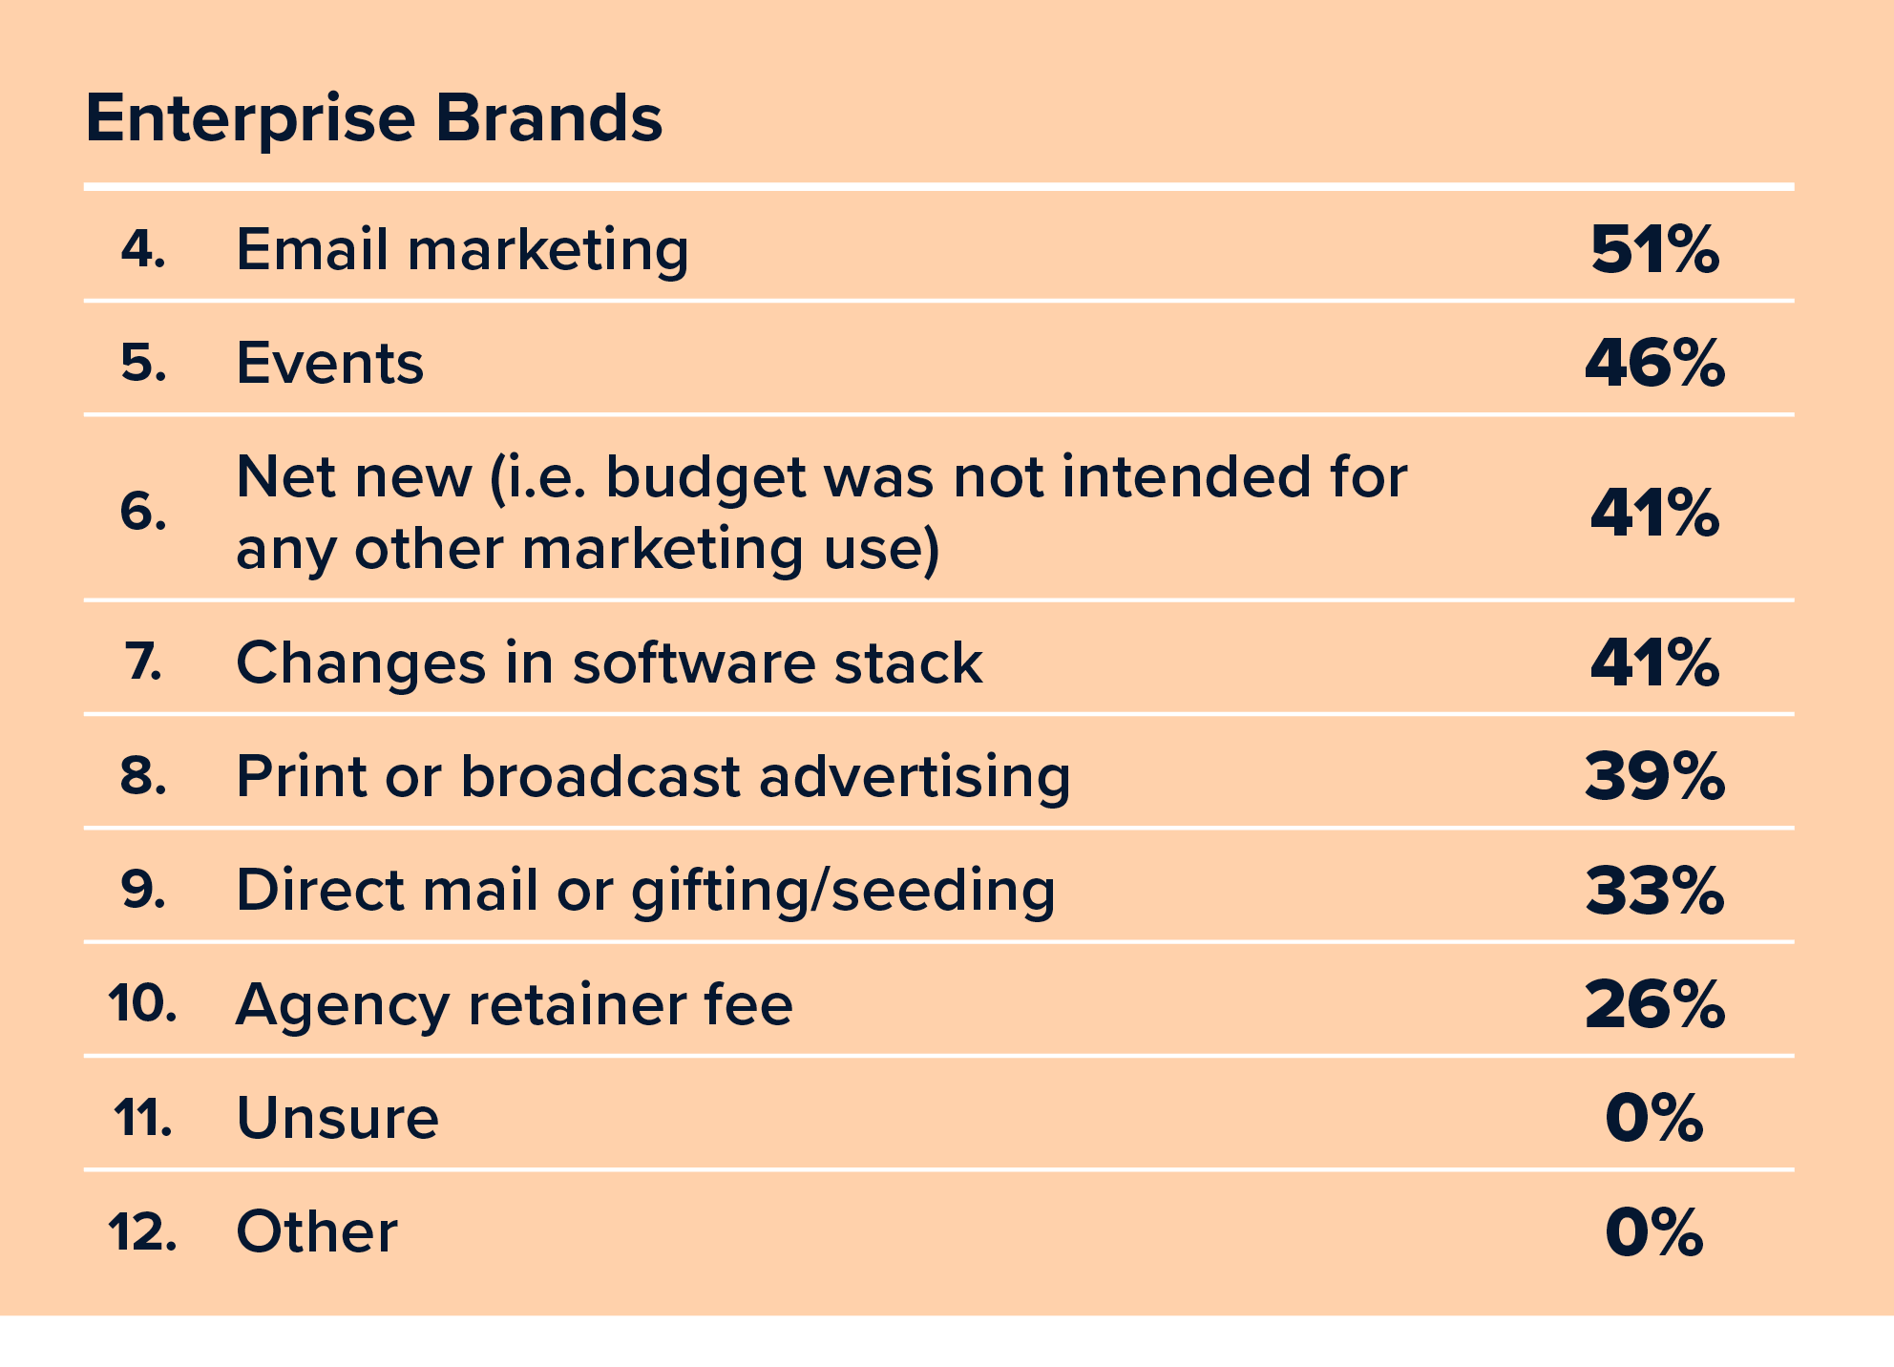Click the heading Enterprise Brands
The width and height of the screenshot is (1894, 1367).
click(373, 118)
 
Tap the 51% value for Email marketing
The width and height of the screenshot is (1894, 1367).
click(1654, 250)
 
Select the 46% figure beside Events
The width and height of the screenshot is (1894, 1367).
click(1654, 364)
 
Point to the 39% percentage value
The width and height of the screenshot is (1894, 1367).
click(1654, 776)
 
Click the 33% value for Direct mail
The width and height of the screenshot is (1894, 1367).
click(1654, 891)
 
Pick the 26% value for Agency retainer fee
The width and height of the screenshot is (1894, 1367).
click(1654, 1004)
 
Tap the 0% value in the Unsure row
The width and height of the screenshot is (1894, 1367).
click(1654, 1118)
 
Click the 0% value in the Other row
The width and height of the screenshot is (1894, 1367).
click(1654, 1231)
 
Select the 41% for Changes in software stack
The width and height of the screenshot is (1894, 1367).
click(1654, 662)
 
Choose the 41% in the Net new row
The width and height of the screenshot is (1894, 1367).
click(1654, 513)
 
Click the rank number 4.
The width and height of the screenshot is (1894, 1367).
click(143, 249)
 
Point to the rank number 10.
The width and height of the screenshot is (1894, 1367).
click(142, 1004)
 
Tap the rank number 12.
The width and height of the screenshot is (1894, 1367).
click(142, 1231)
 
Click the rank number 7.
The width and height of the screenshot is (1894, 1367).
click(143, 662)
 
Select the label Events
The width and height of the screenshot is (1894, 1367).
click(329, 364)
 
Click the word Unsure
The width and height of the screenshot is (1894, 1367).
click(337, 1118)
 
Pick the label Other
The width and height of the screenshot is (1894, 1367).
click(316, 1231)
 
